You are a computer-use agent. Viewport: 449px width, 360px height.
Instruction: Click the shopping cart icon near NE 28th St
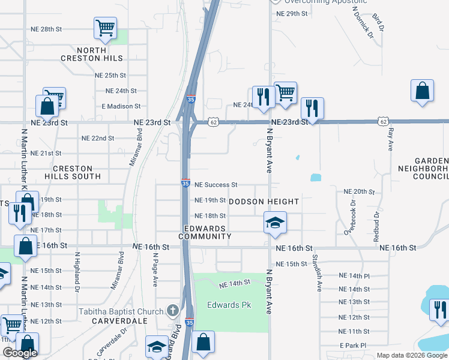[x=105, y=28]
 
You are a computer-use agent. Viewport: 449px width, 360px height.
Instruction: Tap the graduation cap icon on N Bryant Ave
[x=275, y=223]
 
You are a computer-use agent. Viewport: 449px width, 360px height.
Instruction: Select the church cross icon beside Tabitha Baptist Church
[x=173, y=311]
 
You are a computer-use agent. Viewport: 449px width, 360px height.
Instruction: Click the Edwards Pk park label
[x=229, y=305]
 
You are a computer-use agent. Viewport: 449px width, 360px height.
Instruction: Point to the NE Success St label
[x=216, y=185]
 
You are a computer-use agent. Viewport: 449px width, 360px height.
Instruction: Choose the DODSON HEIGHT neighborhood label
[x=264, y=202]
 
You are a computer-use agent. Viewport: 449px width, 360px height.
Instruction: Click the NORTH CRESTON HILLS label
[x=92, y=54]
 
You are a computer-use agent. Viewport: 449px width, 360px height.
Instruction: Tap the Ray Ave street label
[x=391, y=139]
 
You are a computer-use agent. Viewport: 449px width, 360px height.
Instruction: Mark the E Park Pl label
[x=352, y=346]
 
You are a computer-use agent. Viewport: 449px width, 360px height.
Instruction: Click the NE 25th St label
[x=110, y=76]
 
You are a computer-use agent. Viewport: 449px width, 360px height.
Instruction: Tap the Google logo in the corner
[x=20, y=353]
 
